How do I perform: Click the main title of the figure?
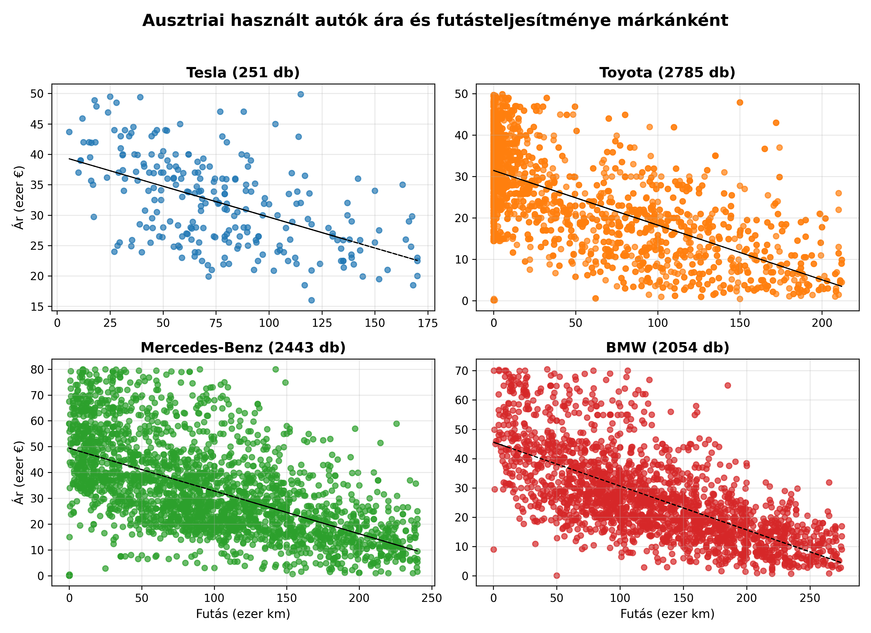pos(435,20)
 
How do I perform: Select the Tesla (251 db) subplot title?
pos(243,73)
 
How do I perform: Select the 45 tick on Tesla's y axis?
pos(37,124)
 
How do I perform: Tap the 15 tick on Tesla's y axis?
pos(37,307)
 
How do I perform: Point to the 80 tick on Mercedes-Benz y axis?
pos(37,369)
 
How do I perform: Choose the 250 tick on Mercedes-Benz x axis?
pos(432,598)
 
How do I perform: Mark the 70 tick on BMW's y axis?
pos(461,371)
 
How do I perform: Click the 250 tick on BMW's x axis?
pos(810,598)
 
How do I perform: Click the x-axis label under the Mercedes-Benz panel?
pos(243,614)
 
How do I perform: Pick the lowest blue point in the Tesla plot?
pos(311,300)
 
